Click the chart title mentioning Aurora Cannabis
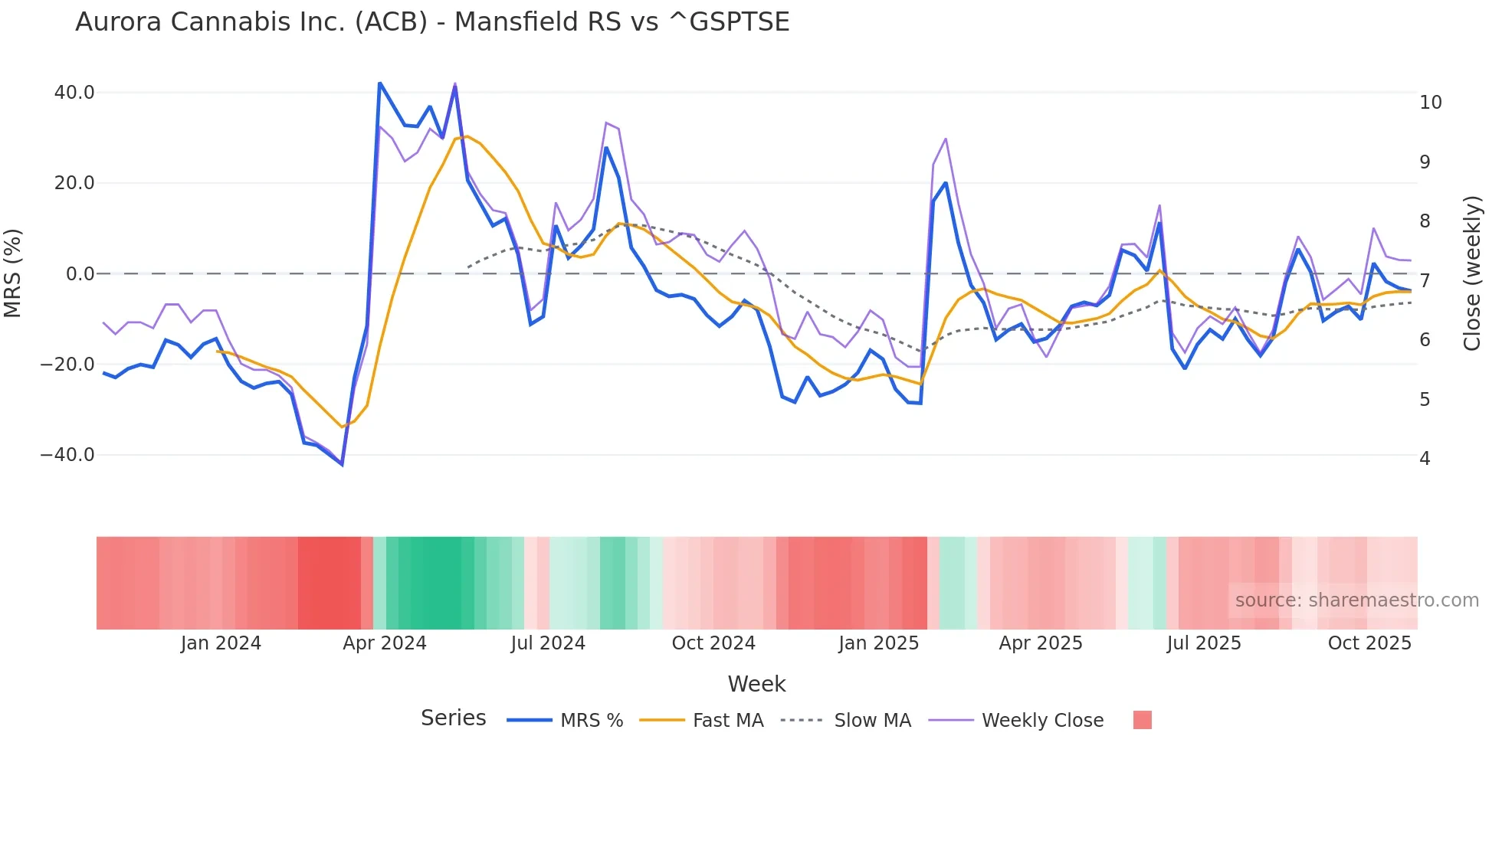(432, 22)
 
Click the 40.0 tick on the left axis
(74, 93)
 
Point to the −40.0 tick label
(67, 455)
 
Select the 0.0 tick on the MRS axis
(80, 274)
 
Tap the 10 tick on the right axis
(1430, 103)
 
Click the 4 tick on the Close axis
(1425, 459)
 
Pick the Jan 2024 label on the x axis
(221, 643)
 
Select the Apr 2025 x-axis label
(1040, 643)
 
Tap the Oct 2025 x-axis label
(1369, 643)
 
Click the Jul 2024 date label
(547, 643)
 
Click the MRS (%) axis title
(13, 273)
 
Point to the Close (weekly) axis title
(1471, 273)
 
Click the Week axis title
(756, 684)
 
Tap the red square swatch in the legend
(1142, 720)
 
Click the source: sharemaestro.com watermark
(1356, 600)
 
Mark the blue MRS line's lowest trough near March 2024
(342, 464)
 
